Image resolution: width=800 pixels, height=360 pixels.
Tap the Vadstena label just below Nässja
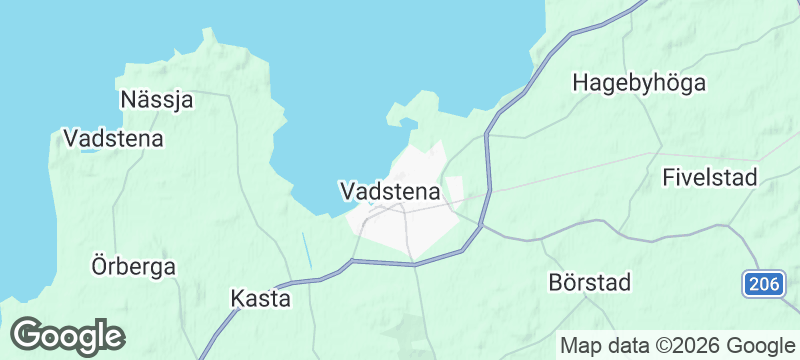[113, 139]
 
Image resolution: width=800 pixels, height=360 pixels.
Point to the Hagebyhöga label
[639, 83]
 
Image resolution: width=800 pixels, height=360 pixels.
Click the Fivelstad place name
[710, 178]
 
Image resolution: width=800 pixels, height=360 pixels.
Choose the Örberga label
[133, 267]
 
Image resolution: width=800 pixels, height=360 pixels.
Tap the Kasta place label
[260, 298]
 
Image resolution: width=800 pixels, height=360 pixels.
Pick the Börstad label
[590, 283]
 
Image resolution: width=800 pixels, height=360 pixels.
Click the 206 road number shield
[763, 285]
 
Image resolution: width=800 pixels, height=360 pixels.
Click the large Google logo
[67, 336]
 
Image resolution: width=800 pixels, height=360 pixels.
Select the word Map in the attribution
[582, 346]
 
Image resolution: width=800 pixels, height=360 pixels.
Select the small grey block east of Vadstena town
[455, 189]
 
